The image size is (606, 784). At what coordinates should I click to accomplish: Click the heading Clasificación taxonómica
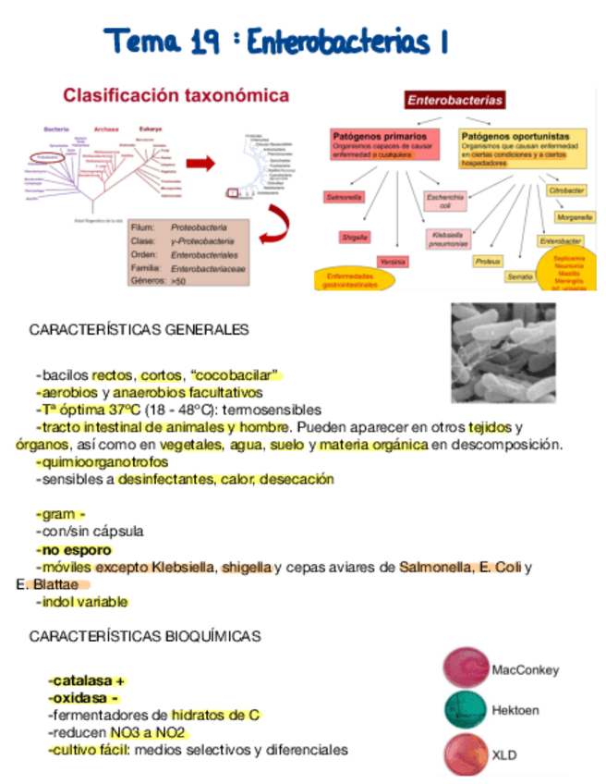tap(176, 95)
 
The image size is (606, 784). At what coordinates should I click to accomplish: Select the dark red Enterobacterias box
tap(455, 99)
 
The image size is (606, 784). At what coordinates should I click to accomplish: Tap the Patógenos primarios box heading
tap(373, 136)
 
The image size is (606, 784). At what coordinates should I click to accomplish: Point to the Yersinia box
tap(393, 262)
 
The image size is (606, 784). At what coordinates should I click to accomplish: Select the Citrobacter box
tap(565, 190)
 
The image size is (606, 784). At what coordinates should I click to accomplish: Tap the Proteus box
tap(488, 262)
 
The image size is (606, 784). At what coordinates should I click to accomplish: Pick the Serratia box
tap(519, 276)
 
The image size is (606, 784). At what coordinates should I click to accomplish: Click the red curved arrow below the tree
tap(274, 225)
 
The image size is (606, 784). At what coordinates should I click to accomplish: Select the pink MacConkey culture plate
tap(465, 668)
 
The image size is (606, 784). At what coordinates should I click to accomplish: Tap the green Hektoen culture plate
tap(465, 709)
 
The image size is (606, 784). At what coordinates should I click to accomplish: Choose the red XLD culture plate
tap(465, 753)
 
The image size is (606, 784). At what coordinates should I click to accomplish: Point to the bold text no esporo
tap(75, 549)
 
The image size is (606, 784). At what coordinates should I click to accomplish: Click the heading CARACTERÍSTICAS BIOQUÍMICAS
tap(144, 636)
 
